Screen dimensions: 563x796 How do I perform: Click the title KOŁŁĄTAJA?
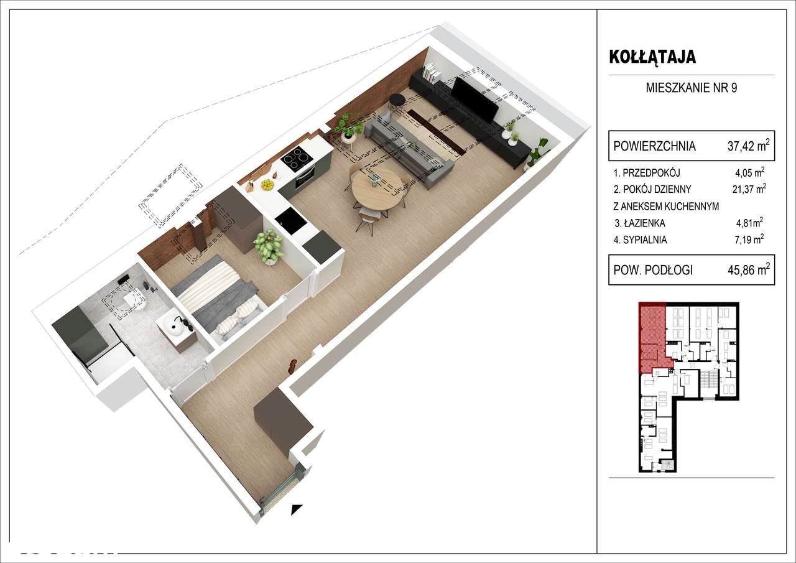point(652,57)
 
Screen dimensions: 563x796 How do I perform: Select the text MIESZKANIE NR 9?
point(692,88)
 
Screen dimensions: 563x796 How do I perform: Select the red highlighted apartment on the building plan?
point(652,336)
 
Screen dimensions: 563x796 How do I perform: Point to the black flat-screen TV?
point(475,99)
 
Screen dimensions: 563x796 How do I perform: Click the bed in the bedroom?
point(218,295)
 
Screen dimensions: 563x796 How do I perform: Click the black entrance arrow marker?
point(297,509)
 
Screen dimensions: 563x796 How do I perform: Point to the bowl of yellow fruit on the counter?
point(268,184)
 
